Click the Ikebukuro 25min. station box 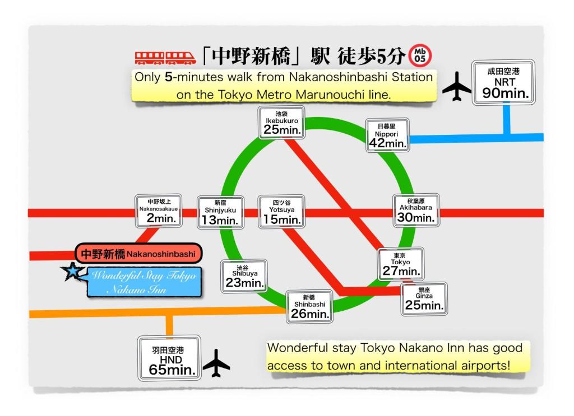tap(283, 123)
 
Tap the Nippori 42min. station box tap(387, 136)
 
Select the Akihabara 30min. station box tap(416, 211)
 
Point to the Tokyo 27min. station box tap(400, 264)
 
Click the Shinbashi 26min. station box tap(309, 306)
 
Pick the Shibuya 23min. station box tap(244, 275)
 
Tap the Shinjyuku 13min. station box tap(220, 212)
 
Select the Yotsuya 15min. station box tap(282, 212)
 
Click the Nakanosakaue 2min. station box tap(159, 211)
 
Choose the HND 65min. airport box tap(169, 357)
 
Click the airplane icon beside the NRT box tap(457, 87)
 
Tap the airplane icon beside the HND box tap(216, 363)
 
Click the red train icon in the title tap(165, 57)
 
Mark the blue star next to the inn tap(72, 273)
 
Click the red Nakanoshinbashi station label tap(138, 254)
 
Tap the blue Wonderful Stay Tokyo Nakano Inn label tap(143, 282)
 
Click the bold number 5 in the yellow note tap(168, 77)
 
